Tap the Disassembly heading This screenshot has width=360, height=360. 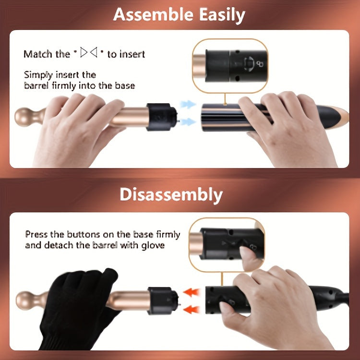[171, 195]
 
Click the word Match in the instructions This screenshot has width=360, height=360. [39, 54]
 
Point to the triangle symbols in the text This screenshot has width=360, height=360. [89, 53]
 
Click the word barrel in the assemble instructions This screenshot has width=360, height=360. [37, 86]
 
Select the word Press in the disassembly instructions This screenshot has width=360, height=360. [37, 235]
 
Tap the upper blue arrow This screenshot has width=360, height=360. [189, 104]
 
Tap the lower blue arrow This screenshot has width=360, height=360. [189, 122]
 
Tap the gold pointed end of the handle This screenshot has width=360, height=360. [341, 114]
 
